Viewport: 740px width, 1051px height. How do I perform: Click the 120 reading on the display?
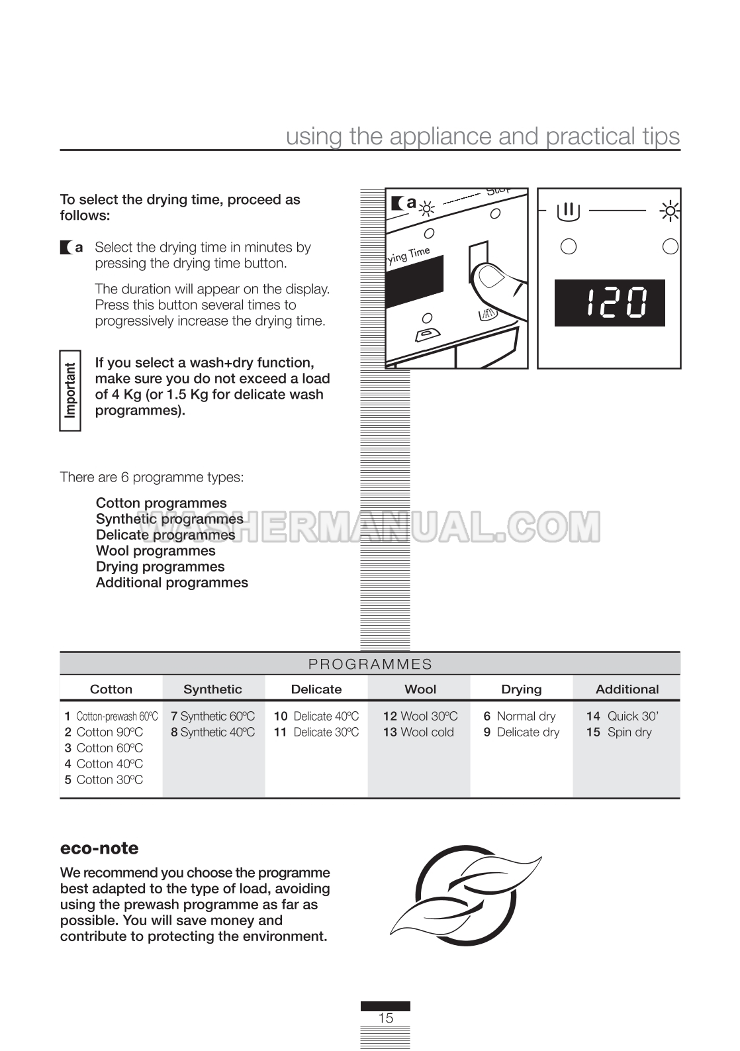click(x=610, y=303)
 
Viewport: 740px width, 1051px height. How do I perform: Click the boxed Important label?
click(x=70, y=391)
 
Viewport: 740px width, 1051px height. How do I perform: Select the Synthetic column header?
click(x=212, y=689)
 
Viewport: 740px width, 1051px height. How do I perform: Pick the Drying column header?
click(x=522, y=689)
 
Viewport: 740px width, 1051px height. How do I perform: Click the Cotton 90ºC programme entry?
click(x=104, y=732)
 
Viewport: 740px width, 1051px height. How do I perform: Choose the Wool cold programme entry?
click(x=419, y=732)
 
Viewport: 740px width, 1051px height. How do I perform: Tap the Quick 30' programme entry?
click(x=623, y=717)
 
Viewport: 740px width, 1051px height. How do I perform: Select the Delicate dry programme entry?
click(x=522, y=732)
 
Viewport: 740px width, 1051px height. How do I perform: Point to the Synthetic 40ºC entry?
click(x=213, y=732)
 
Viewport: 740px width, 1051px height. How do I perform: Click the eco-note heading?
click(x=99, y=849)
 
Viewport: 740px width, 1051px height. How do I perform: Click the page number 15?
click(x=385, y=1019)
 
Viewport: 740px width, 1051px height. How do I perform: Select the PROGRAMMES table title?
click(x=370, y=664)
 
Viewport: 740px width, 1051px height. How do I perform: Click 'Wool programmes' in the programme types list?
click(x=156, y=551)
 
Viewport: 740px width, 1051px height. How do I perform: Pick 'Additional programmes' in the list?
click(x=172, y=583)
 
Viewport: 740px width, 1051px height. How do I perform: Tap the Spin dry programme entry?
click(x=620, y=732)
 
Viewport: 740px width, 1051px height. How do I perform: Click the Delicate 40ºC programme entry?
click(x=316, y=717)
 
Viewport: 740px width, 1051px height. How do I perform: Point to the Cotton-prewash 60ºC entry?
click(x=111, y=717)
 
